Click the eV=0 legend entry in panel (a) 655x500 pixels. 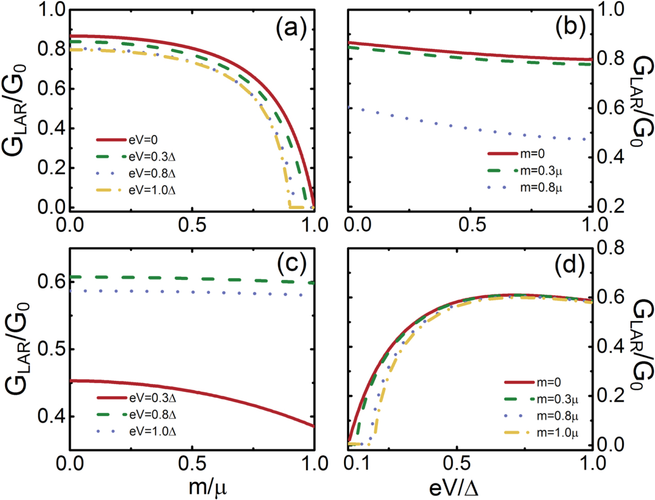coord(127,140)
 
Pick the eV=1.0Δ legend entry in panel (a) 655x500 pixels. coord(136,190)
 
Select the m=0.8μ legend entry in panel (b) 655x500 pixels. coord(525,188)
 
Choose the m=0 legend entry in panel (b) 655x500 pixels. coord(516,154)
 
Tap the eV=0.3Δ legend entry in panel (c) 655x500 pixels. coord(136,398)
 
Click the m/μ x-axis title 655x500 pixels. coord(208,487)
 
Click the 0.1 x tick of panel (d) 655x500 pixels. coord(357,463)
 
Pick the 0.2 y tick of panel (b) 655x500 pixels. coord(607,206)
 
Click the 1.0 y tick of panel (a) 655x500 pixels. coord(51,10)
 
